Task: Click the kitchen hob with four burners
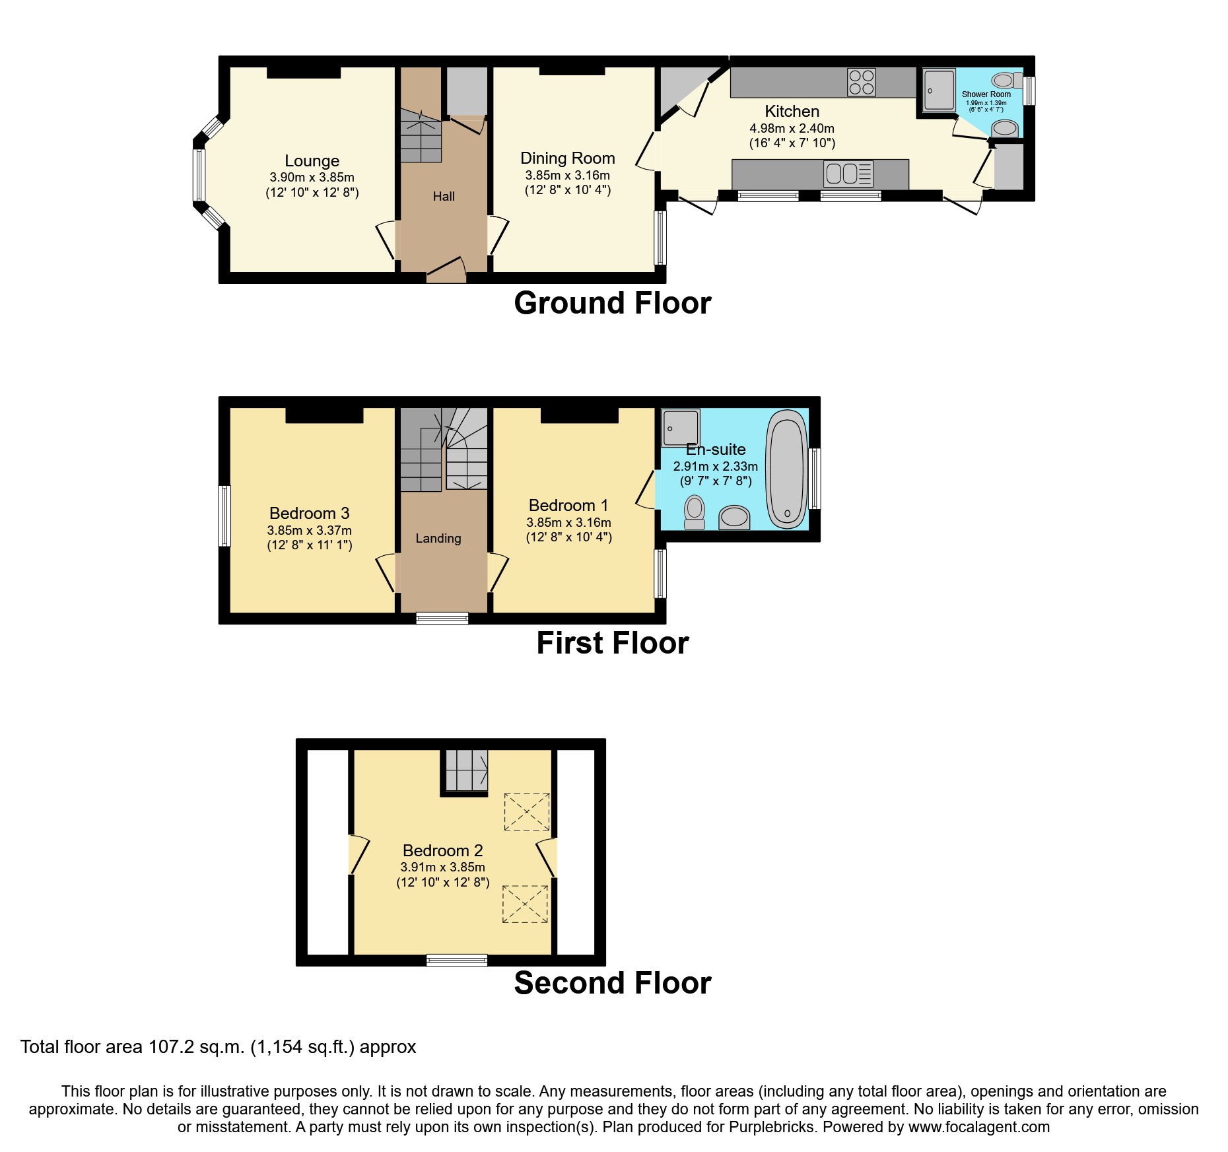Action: pos(861,83)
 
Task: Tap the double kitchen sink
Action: pos(848,174)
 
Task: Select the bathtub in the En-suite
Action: pos(786,469)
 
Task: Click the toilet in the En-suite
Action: pos(695,512)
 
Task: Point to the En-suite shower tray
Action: pos(680,427)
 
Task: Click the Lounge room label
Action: pos(312,161)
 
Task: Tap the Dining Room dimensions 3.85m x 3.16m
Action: pos(567,176)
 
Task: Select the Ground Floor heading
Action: pos(612,304)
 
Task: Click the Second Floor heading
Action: pos(612,983)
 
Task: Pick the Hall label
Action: pos(444,196)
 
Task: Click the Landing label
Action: pos(438,539)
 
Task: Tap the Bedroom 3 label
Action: pos(309,514)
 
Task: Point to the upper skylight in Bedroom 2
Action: pos(526,811)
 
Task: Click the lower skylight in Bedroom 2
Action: pos(525,904)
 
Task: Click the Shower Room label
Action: pos(986,94)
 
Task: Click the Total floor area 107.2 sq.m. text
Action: pos(218,1047)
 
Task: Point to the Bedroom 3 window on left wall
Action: pos(224,516)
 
